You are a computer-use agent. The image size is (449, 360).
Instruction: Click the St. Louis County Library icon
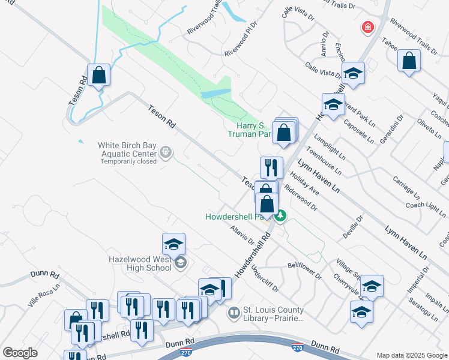(234, 313)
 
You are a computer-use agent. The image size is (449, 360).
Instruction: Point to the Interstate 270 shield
(297, 347)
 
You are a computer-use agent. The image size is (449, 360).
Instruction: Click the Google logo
(20, 353)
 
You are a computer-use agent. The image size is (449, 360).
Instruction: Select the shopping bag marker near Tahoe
(409, 61)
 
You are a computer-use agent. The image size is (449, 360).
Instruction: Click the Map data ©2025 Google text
(411, 355)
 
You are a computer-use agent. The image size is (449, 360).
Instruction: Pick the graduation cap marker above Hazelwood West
(173, 244)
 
